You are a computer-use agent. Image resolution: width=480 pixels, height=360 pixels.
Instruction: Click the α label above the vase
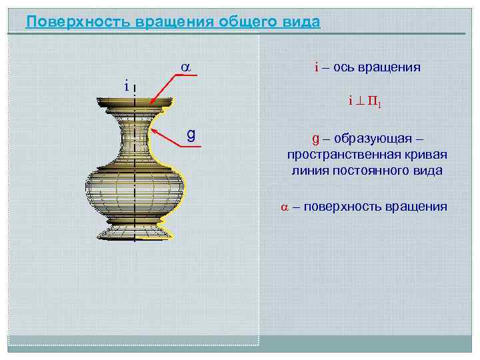pyautogui.click(x=186, y=67)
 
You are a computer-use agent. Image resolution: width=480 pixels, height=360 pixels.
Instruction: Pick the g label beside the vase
pyautogui.click(x=191, y=135)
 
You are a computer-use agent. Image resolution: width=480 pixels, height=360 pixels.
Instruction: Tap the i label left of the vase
pyautogui.click(x=125, y=85)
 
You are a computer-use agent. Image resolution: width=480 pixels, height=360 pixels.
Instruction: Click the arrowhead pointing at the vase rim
pyautogui.click(x=152, y=102)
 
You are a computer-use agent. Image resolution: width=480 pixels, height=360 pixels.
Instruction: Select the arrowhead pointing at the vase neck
pyautogui.click(x=153, y=131)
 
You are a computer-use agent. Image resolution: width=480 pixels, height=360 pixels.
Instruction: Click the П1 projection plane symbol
pyautogui.click(x=376, y=103)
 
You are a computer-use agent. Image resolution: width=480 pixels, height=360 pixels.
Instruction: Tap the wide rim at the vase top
pyautogui.click(x=136, y=103)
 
